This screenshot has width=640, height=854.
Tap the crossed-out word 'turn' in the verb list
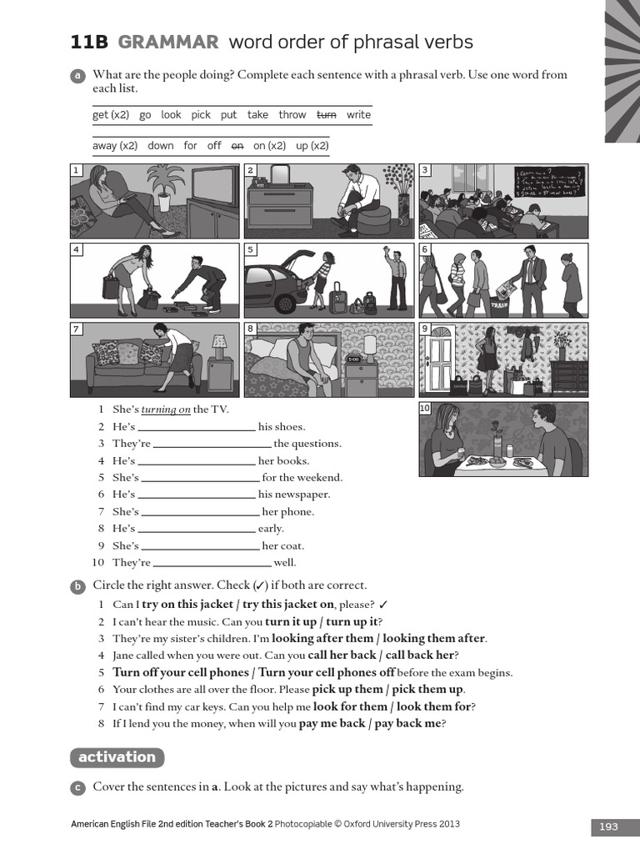pos(326,115)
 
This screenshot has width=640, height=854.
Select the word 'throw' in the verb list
pos(292,115)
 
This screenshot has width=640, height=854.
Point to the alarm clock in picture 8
pos(352,360)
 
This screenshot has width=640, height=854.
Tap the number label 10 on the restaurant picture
pos(425,408)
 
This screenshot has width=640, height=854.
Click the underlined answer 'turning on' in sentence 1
pos(166,409)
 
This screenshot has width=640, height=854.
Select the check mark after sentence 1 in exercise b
pos(382,605)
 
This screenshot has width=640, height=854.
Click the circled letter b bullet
pos(77,586)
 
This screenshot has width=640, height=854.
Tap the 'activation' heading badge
pos(117,757)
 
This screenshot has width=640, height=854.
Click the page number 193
pos(608,826)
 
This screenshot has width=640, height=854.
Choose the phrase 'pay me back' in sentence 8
pos(332,724)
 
